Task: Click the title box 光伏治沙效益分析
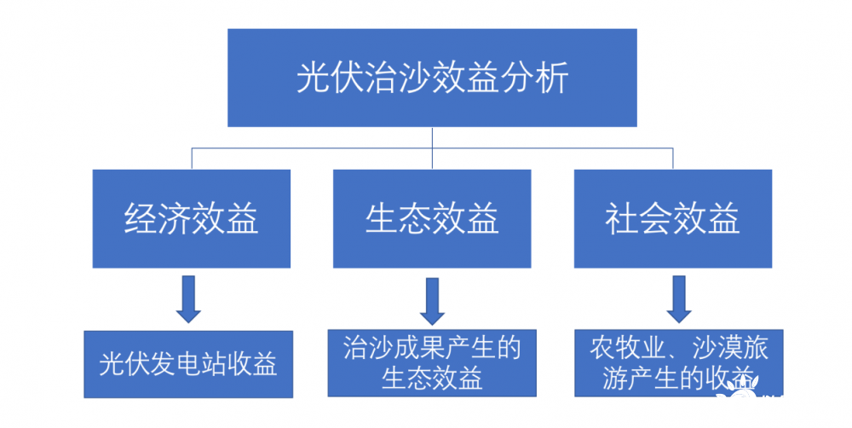432,78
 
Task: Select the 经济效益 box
192,219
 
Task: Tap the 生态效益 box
432,219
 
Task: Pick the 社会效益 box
672,219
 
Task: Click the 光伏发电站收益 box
188,364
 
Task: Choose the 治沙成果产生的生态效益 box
432,362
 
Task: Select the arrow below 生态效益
432,298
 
